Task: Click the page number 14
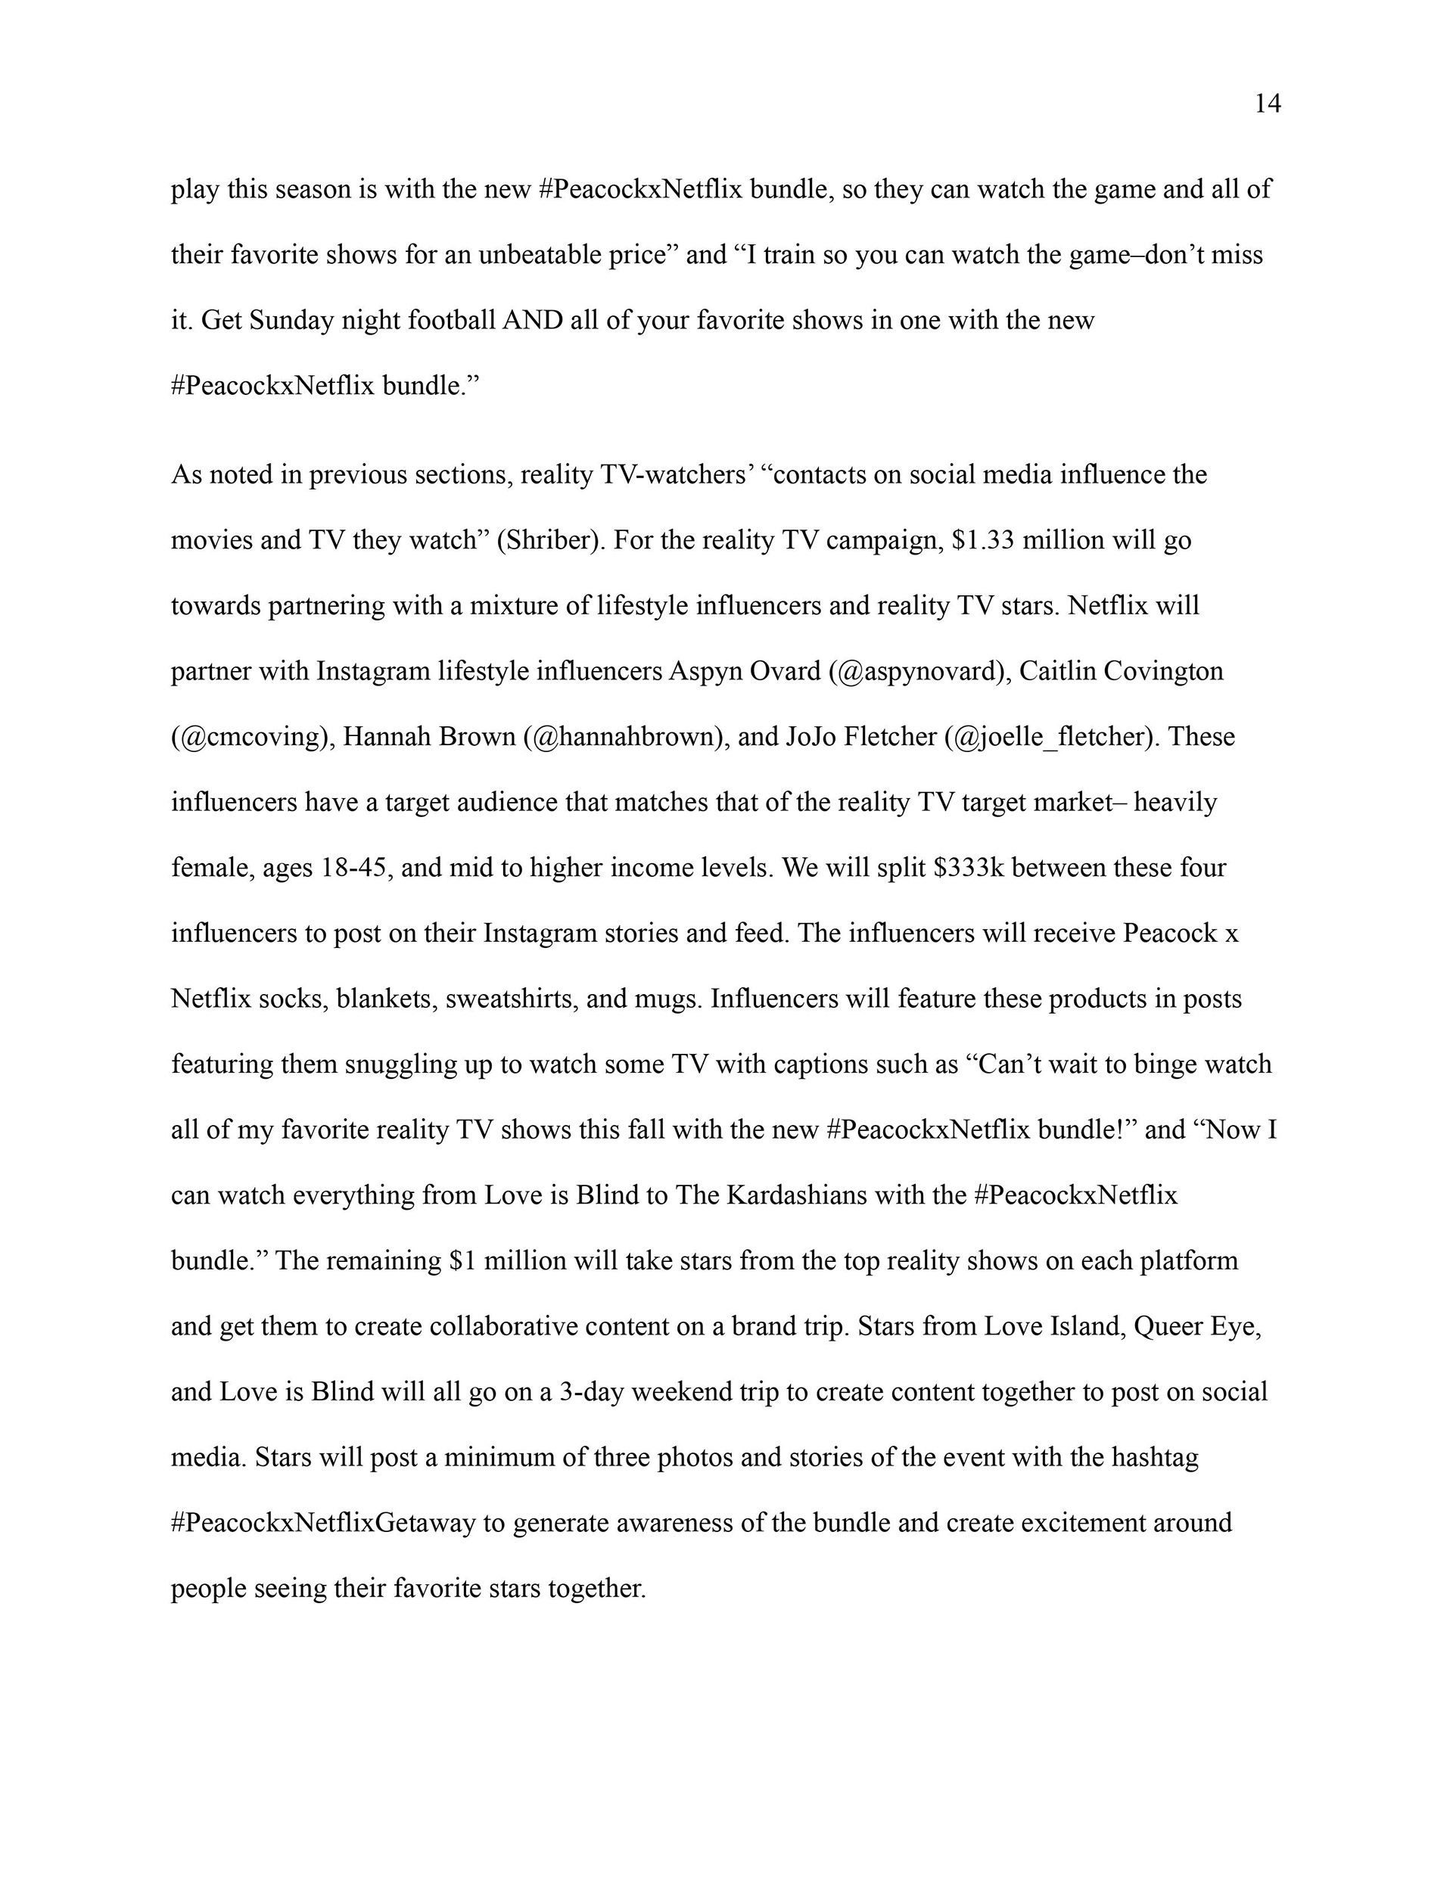(1267, 104)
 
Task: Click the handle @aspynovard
(918, 672)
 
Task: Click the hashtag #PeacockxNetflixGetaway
(323, 1523)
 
